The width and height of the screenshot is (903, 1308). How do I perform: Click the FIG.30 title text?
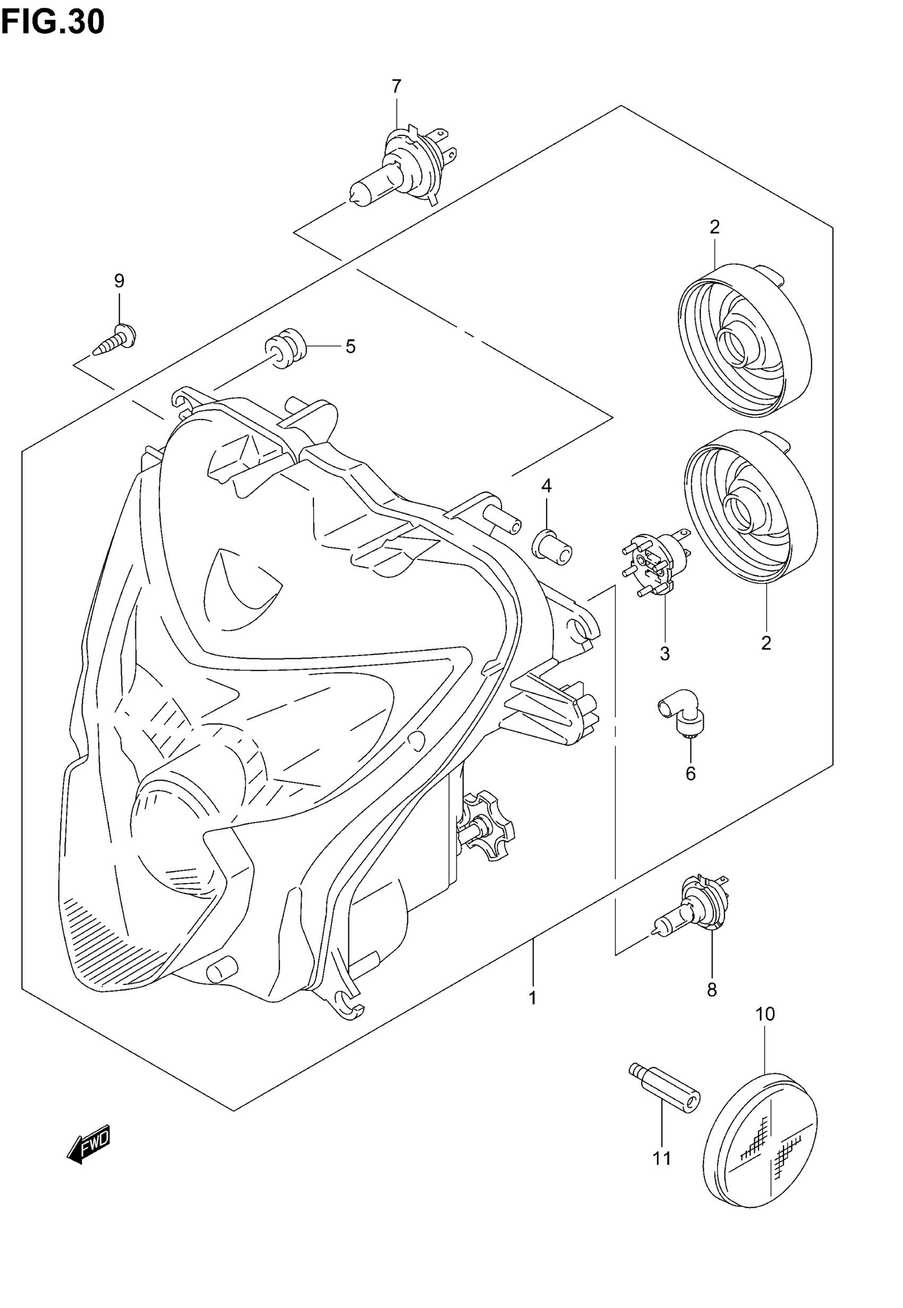tap(53, 21)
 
